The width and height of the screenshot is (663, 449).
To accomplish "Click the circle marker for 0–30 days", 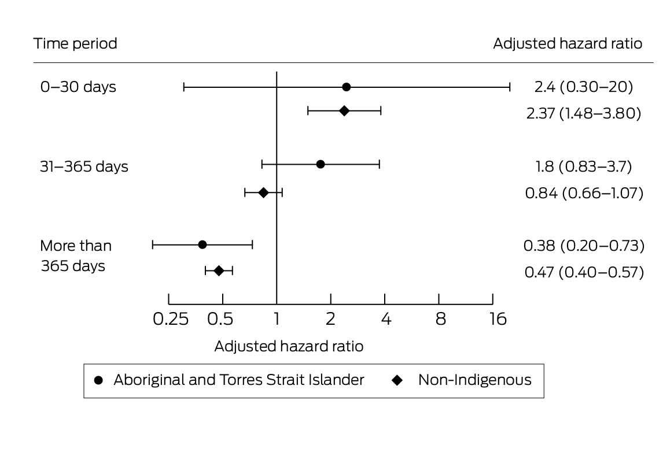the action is pos(347,87).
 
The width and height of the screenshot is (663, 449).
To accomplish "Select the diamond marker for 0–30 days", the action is pos(344,111).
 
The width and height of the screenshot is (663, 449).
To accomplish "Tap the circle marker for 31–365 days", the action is pos(321,164).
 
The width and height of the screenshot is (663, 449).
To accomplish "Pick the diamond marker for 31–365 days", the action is pos(263,192).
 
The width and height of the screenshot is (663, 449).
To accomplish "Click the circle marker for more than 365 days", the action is pos(202,244).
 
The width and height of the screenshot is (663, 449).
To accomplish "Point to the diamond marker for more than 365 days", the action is pos(219,271).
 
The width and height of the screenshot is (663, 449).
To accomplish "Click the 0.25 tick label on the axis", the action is pos(171,319).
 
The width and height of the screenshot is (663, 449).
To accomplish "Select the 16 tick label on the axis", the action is pos(498,319).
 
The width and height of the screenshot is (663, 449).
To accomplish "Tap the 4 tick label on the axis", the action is pos(386,319).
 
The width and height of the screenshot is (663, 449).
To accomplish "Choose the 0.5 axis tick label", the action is pos(220,319).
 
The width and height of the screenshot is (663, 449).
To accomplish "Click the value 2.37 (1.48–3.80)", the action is pos(584,113).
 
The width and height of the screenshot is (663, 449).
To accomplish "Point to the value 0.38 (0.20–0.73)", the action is pos(584,246).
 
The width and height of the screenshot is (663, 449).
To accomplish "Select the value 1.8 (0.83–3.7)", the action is pos(584,166).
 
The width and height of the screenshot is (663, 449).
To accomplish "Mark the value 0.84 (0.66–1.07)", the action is pos(584,193).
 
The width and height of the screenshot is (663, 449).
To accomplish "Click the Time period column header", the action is pos(75,43).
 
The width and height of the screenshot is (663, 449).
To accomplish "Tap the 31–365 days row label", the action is pos(84,166).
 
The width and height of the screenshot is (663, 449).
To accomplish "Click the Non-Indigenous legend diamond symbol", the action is pos(397,381).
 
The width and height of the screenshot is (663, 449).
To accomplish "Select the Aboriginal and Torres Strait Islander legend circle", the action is pos(98,381).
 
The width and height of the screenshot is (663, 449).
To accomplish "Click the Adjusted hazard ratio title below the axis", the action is pos(289,346).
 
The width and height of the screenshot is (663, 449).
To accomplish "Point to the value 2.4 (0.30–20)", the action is pos(584,87).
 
